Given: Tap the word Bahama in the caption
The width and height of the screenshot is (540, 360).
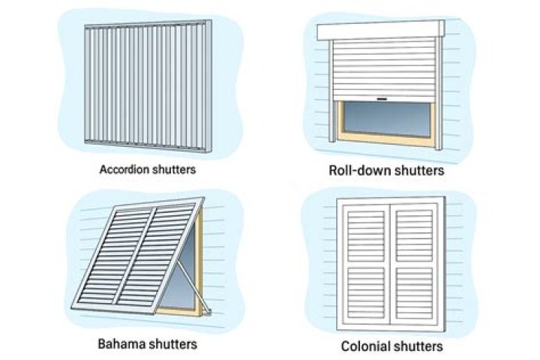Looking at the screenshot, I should coord(119,344).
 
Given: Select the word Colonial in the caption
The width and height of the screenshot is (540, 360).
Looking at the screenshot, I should coord(364,346).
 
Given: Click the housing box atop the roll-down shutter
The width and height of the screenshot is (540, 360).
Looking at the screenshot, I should coord(380,31).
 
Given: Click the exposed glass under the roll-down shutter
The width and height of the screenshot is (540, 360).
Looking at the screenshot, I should coord(386,118).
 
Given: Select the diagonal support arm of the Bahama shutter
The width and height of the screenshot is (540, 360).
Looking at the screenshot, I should coord(184,277).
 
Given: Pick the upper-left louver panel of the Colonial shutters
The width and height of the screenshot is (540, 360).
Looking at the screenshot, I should coord(365,233).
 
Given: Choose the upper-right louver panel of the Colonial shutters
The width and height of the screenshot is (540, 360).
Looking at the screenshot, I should coord(413,233).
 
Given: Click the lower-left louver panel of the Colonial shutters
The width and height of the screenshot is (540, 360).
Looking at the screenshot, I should coord(365,295).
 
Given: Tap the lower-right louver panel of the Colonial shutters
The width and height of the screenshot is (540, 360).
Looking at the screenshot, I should coord(413,295).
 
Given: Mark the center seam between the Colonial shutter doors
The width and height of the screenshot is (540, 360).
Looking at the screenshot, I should coord(389,262).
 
